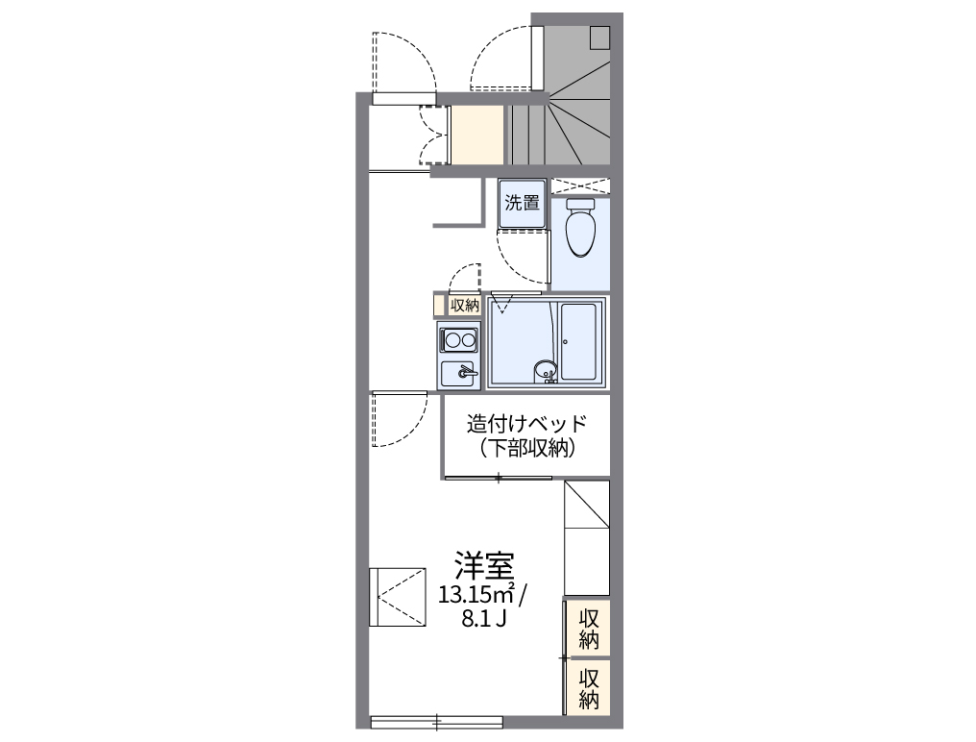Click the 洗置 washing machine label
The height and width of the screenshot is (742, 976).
pos(523,203)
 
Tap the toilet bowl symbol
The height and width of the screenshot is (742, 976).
pos(580,230)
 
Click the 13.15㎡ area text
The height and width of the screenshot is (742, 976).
pos(476,593)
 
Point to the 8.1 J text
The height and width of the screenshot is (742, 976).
pos(484,618)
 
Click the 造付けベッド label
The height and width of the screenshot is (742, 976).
pos(525,423)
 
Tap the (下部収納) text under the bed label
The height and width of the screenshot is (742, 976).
pos(525,447)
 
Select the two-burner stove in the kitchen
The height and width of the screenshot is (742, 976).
pos(459,339)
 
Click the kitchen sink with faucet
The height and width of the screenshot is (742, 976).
pos(459,373)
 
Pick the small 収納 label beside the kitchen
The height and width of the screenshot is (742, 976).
pos(464,306)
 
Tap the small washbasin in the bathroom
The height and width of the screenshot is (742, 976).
pos(545,368)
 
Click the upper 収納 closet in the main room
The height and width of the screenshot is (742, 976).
pos(589,629)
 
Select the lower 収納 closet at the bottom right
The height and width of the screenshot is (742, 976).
pos(589,687)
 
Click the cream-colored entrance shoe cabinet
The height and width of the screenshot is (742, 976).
pos(477,135)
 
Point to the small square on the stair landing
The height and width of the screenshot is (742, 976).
pos(600,37)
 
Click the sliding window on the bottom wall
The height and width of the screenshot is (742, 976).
pos(437,720)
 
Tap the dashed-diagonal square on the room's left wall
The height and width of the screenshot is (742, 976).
pos(398,597)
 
